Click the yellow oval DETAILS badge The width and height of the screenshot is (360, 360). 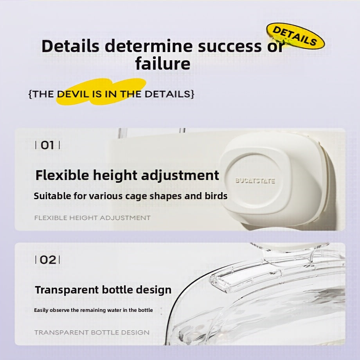(295, 36)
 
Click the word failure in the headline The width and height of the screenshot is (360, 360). (162, 63)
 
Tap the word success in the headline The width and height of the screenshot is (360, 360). (230, 46)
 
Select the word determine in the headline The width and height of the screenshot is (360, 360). (149, 45)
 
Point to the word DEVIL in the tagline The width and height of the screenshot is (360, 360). (73, 94)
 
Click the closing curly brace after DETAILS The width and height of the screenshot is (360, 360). (193, 94)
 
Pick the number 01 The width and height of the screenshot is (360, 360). (47, 145)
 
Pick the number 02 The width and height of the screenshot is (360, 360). (48, 260)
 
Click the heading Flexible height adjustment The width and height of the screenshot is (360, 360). (127, 176)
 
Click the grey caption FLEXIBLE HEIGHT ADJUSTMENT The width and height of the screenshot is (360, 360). (92, 218)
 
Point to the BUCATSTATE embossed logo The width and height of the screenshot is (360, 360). (255, 181)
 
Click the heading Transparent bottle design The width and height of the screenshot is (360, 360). (103, 290)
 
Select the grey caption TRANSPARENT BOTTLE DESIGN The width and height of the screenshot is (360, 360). (92, 333)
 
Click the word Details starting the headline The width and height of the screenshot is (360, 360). (70, 45)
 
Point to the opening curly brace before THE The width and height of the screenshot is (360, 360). (30, 94)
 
